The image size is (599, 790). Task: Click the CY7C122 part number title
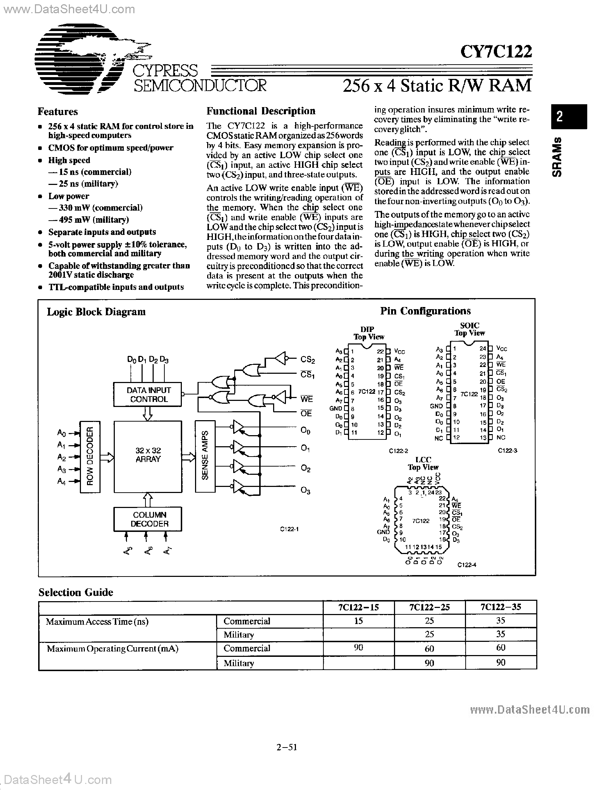pos(496,51)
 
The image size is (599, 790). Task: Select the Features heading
pos(58,112)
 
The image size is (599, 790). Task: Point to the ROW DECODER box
pos(89,457)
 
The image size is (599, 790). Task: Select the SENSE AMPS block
pos(205,456)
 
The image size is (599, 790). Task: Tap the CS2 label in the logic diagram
pos(308,360)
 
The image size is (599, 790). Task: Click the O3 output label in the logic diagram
pos(306,491)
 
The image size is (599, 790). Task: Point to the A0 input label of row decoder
pos(61,433)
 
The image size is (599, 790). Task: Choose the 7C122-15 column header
pos(359,607)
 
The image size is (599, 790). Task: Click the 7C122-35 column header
pos(501,607)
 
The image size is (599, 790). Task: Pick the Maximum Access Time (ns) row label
pos(97,622)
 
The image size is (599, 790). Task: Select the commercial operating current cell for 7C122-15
pos(359,648)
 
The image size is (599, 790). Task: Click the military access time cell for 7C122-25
pos(429,635)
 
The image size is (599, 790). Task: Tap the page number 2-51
pos(287,747)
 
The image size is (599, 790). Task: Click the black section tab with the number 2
pos(569,116)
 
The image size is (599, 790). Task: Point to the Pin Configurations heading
pos(425,311)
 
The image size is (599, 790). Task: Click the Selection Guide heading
pos(76,593)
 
